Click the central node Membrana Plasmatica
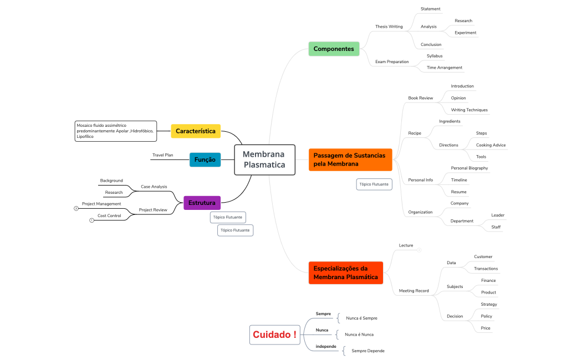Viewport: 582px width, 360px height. point(264,160)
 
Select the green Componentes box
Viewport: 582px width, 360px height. point(334,49)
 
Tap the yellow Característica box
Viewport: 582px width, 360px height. point(196,131)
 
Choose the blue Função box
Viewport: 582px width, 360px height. point(205,160)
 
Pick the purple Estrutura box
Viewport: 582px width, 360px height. point(202,203)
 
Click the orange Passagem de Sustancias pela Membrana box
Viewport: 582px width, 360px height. point(350,160)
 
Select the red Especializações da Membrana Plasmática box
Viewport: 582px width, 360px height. point(345,272)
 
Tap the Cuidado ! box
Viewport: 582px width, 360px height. point(274,335)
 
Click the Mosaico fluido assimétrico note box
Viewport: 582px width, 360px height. point(115,131)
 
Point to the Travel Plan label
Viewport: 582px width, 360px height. point(162,155)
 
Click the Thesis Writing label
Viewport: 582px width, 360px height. point(389,27)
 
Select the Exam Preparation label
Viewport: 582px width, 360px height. point(391,61)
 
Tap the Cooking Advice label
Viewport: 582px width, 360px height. point(491,145)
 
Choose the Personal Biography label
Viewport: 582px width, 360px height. point(469,168)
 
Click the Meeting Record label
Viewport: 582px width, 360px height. point(413,291)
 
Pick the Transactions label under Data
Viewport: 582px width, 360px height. point(486,269)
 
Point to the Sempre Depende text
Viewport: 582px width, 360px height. point(367,351)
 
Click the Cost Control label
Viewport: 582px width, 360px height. point(109,215)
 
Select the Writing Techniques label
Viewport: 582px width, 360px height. point(469,110)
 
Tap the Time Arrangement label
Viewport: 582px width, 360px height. point(444,68)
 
